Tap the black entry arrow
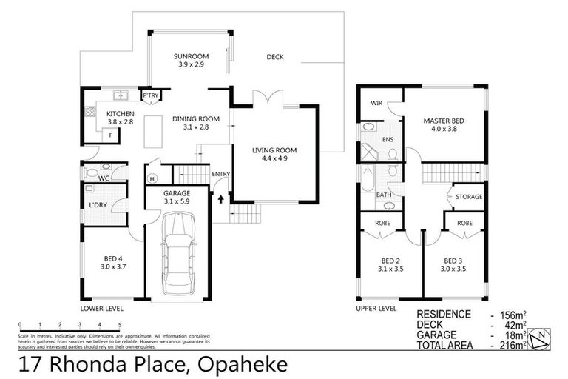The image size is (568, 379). pyautogui.click(x=220, y=198)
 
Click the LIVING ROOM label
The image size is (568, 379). pyautogui.click(x=274, y=151)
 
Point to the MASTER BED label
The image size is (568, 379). pyautogui.click(x=443, y=121)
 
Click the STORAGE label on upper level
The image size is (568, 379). pyautogui.click(x=468, y=197)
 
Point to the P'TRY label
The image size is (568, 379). pyautogui.click(x=151, y=95)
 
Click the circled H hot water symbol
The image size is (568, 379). pyautogui.click(x=152, y=178)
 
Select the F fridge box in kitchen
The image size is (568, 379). pyautogui.click(x=111, y=135)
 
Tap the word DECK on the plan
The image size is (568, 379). pyautogui.click(x=274, y=57)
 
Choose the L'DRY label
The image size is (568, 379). pyautogui.click(x=97, y=204)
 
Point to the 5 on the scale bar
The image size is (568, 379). pyautogui.click(x=119, y=324)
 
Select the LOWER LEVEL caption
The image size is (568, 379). pyautogui.click(x=101, y=308)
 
